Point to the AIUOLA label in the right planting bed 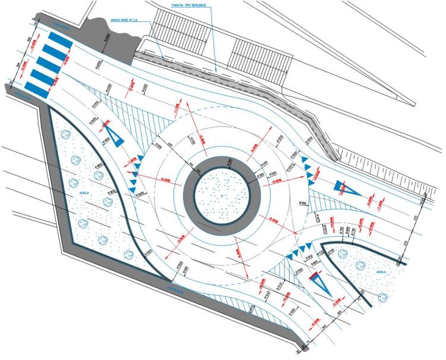381,271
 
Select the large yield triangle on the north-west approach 114,133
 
